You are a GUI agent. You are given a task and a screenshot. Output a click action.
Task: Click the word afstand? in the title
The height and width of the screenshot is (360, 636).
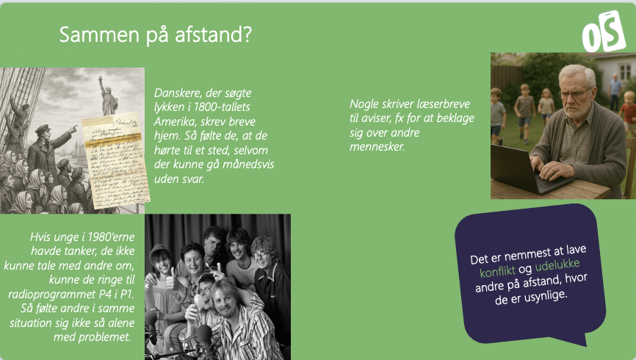coord(214,35)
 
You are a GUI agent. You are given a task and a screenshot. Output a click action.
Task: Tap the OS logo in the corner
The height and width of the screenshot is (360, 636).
coord(604,32)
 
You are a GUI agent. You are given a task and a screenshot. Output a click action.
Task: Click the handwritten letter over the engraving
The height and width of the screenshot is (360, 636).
coord(115,161)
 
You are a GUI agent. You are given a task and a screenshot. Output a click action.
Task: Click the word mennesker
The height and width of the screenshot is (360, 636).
coord(377,146)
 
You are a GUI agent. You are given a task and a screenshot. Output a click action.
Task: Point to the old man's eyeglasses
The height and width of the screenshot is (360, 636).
coord(575,95)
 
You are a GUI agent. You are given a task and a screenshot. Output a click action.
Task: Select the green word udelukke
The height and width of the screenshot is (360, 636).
coord(557,265)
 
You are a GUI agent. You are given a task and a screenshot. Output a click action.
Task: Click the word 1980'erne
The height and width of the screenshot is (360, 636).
coord(111,237)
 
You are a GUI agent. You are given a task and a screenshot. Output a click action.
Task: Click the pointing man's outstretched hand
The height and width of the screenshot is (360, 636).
coord(73,129)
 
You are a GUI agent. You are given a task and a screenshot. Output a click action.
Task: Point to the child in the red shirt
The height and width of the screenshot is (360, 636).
coord(629,112)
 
